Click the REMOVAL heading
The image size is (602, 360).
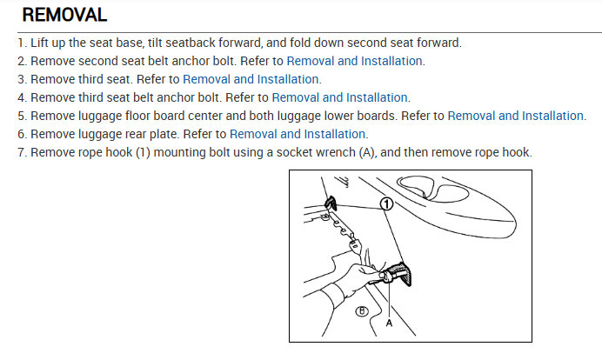pos(64,15)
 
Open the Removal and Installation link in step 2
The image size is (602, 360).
pos(354,61)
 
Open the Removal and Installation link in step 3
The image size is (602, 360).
pos(251,79)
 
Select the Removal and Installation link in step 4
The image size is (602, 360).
pos(340,97)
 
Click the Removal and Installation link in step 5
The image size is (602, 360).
pos(516,116)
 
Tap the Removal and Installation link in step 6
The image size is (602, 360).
pos(298,134)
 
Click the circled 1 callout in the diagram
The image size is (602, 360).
pos(386,203)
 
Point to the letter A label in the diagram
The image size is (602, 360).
pos(389,323)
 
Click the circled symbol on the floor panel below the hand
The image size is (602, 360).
pos(361,311)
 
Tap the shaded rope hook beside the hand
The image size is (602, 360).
pos(399,273)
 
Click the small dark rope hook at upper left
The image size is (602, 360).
pos(331,203)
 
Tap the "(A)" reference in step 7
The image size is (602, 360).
pos(366,153)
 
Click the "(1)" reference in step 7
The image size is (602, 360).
pos(143,153)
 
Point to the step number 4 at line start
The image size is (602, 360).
pos(21,98)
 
